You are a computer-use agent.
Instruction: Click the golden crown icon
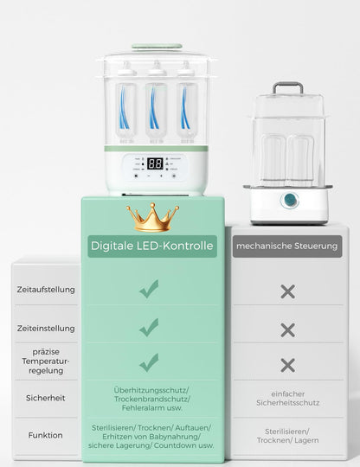pos(152,217)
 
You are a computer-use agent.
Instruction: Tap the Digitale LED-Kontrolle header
pos(152,246)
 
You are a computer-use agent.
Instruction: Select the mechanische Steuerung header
pos(287,246)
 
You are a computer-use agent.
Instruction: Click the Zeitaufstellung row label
pos(45,290)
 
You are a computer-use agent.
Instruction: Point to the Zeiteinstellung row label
pos(45,328)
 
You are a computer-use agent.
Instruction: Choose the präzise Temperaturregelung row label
pos(45,361)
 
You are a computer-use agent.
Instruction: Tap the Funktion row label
pos(45,435)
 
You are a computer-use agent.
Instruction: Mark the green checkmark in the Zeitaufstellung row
pos(149,290)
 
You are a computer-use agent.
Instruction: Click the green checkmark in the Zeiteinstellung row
pos(149,327)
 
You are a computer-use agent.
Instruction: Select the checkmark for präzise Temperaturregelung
pos(149,362)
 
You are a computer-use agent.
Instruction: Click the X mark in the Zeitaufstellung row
pos(287,291)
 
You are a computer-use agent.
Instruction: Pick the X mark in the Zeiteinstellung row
pos(287,329)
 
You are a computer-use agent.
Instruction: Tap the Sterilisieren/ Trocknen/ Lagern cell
pos(287,435)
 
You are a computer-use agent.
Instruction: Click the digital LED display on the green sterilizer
pos(155,163)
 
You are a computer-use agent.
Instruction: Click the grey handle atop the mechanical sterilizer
pos(287,86)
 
